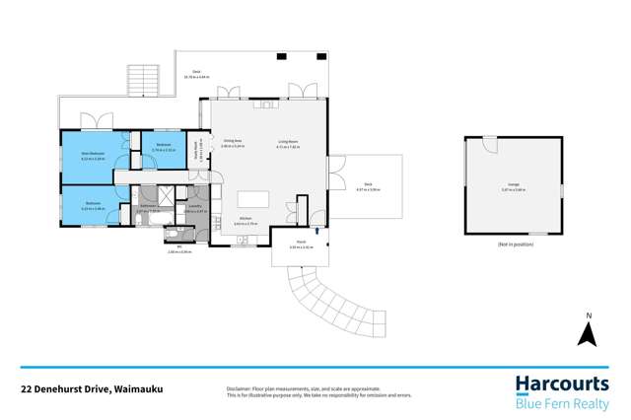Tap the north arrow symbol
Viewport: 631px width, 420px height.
(587, 335)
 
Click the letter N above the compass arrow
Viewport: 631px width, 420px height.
(587, 315)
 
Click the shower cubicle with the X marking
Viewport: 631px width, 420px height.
(172, 194)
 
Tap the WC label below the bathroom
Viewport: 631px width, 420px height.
(180, 246)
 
